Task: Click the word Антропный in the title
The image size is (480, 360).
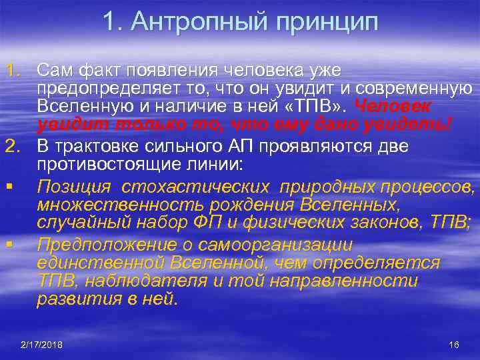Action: point(193,22)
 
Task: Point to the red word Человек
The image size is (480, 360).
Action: point(393,107)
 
